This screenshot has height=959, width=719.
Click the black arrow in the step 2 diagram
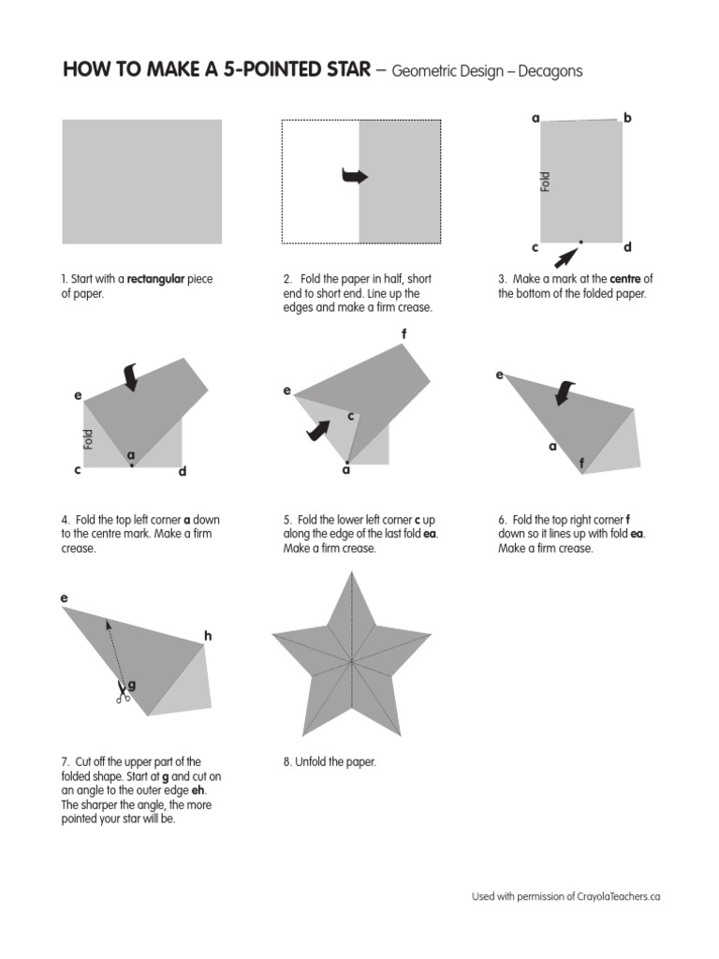coord(355,176)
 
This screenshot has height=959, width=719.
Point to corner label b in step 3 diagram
coord(627,118)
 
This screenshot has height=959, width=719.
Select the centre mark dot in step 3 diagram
coord(580,242)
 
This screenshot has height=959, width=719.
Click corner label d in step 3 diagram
coord(627,247)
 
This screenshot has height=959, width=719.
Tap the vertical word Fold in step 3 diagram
coord(546,182)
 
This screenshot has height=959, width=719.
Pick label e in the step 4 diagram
coord(78,396)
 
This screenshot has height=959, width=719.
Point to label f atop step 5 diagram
coord(404,333)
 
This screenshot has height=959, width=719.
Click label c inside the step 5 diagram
coord(350,416)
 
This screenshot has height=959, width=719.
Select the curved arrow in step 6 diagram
coord(565,392)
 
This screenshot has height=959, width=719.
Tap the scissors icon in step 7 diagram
coord(122,694)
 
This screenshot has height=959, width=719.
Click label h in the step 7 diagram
coord(208,637)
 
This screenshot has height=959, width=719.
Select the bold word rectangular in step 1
coord(157,279)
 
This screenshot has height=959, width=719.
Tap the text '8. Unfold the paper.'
coord(330,762)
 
